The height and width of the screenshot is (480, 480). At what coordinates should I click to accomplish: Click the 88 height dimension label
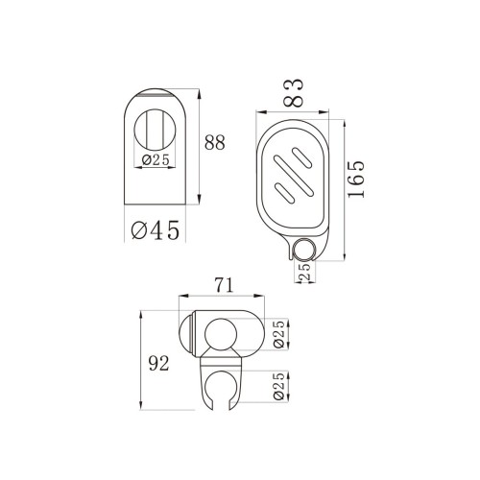point(215,143)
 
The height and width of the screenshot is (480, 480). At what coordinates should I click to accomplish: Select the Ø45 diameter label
point(156,230)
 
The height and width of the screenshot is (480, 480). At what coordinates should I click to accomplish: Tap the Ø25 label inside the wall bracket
point(156,160)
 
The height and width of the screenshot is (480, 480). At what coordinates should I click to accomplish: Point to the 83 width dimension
point(294,93)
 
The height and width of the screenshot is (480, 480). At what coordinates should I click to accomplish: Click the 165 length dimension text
point(356,180)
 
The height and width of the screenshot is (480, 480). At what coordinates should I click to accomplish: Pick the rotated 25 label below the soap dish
point(304,272)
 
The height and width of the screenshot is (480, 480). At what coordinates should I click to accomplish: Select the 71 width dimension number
point(225,285)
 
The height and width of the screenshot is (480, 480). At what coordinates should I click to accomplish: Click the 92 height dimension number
point(158,364)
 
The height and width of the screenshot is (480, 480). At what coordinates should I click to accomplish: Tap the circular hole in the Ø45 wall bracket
point(155,130)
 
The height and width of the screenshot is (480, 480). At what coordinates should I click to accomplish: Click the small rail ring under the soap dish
point(303,249)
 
